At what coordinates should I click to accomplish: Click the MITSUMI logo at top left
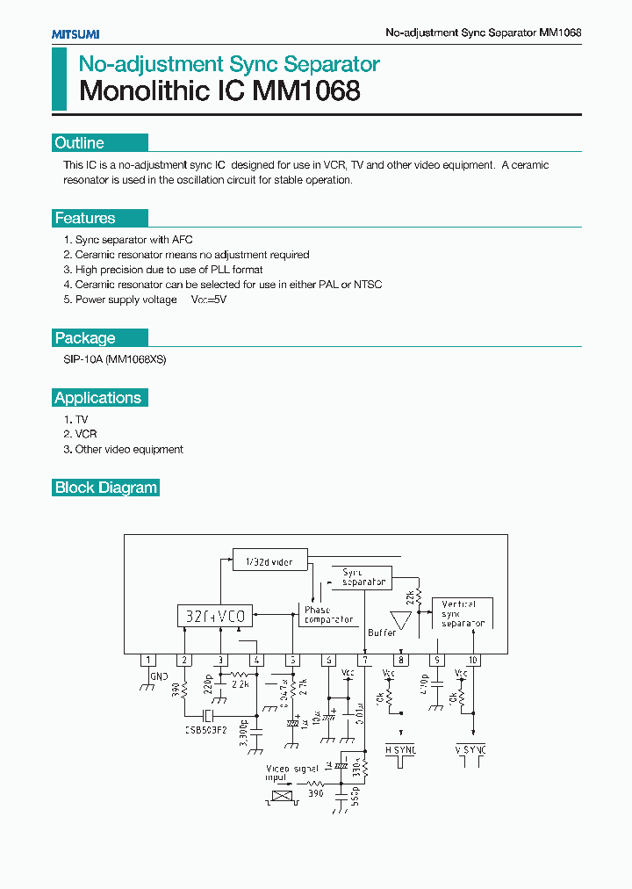pyautogui.click(x=75, y=33)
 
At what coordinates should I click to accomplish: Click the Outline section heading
pyautogui.click(x=80, y=143)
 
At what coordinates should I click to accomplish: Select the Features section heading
pyautogui.click(x=85, y=219)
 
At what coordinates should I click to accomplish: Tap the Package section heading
pyautogui.click(x=85, y=338)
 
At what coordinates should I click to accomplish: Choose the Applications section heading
pyautogui.click(x=97, y=398)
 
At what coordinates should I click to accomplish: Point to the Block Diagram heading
pyautogui.click(x=106, y=488)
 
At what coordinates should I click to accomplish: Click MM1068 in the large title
pyautogui.click(x=306, y=91)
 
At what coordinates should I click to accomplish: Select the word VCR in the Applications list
pyautogui.click(x=86, y=434)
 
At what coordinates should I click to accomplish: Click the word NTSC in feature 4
pyautogui.click(x=368, y=285)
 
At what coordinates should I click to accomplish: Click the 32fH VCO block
pyautogui.click(x=212, y=616)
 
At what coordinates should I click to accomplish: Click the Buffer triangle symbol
pyautogui.click(x=400, y=620)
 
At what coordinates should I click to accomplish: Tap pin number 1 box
pyautogui.click(x=148, y=660)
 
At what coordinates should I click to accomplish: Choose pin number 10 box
pyautogui.click(x=473, y=660)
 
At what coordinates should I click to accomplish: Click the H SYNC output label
pyautogui.click(x=401, y=749)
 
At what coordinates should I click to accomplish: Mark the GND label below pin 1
pyautogui.click(x=159, y=677)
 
